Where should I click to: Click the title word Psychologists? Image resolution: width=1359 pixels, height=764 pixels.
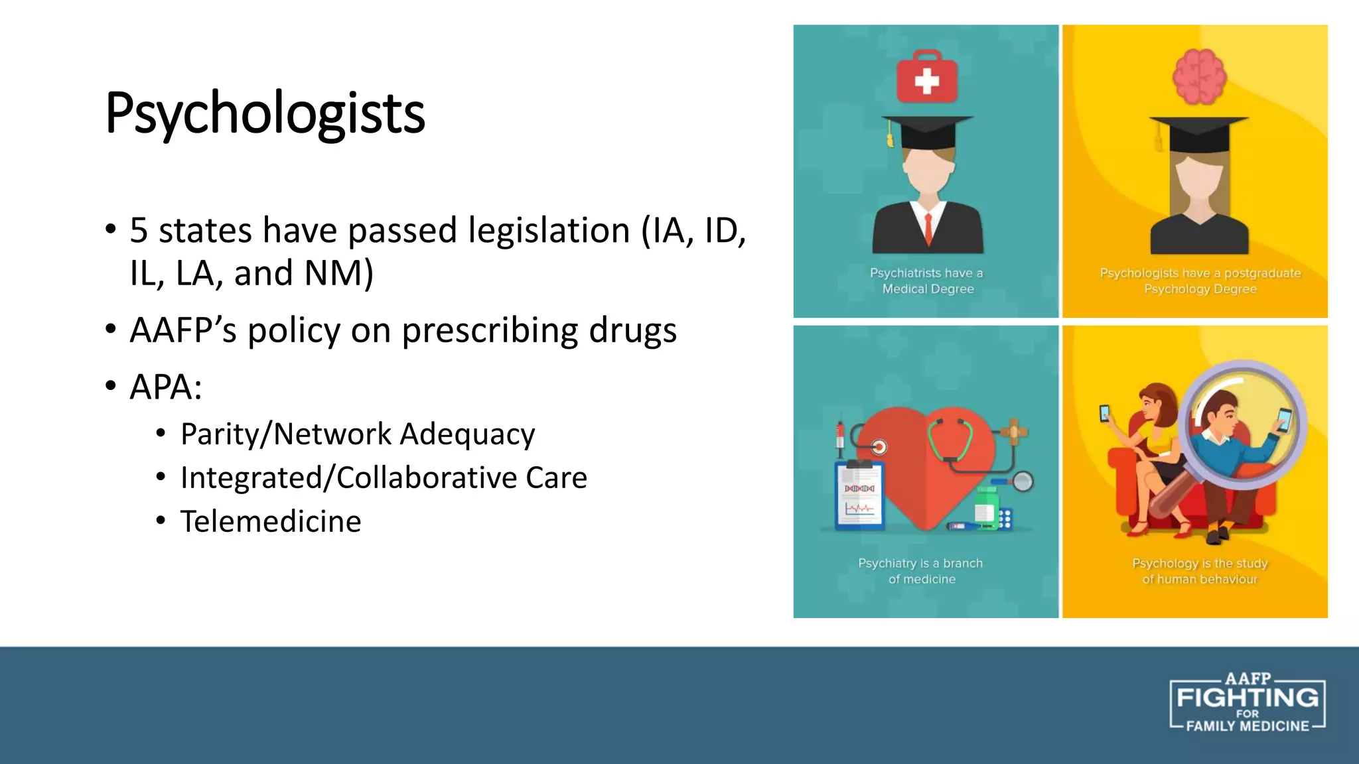(265, 113)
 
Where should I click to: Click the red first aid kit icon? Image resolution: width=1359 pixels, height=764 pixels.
(927, 78)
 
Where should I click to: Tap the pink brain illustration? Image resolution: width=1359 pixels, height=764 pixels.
(1199, 77)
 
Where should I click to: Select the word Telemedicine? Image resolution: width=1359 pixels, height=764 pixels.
(271, 521)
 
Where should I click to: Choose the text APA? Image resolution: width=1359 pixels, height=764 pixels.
(166, 387)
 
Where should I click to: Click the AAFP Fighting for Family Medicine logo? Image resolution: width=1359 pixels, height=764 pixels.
(1247, 703)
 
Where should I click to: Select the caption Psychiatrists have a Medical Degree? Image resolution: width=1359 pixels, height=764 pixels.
(927, 281)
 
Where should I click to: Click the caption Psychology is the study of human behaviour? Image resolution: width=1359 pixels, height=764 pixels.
(1200, 571)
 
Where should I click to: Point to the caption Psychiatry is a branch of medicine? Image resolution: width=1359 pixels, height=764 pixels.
(921, 571)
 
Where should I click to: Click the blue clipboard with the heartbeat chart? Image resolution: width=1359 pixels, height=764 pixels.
(859, 495)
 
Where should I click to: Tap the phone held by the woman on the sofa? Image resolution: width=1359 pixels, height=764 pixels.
(1104, 413)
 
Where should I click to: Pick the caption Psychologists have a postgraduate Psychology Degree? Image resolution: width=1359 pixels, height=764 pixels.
(1200, 281)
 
